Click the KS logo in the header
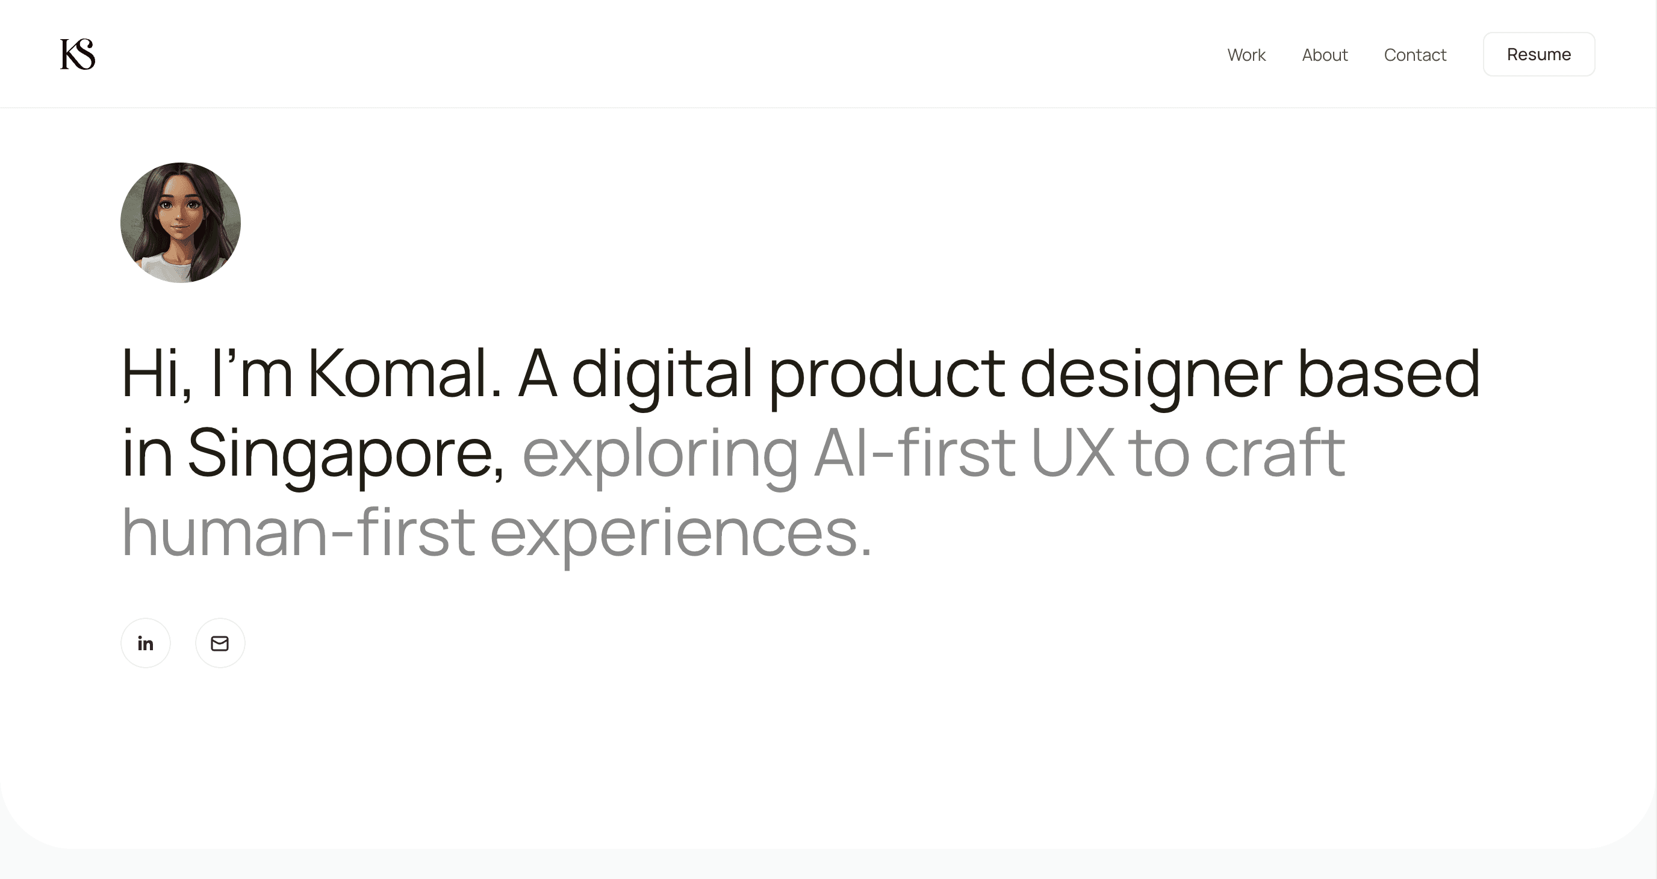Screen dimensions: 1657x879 [78, 54]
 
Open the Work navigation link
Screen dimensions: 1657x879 [1246, 55]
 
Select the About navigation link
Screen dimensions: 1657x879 [1325, 55]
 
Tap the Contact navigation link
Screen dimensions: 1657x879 [1415, 55]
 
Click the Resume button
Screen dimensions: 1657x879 [1538, 54]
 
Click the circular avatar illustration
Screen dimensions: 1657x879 [181, 223]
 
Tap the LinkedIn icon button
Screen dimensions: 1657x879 [145, 643]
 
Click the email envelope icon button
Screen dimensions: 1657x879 [220, 643]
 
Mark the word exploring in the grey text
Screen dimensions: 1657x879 [660, 453]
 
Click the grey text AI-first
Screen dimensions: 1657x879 [915, 453]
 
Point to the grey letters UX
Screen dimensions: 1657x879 [1073, 453]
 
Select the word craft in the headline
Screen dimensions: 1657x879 [1274, 453]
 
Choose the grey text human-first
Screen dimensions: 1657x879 [299, 532]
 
